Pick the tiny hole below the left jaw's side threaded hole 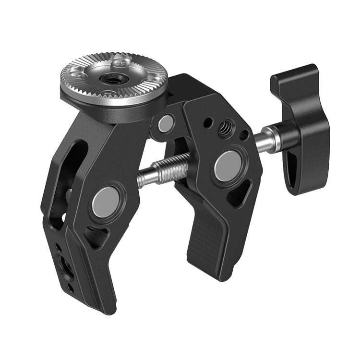click(71, 288)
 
